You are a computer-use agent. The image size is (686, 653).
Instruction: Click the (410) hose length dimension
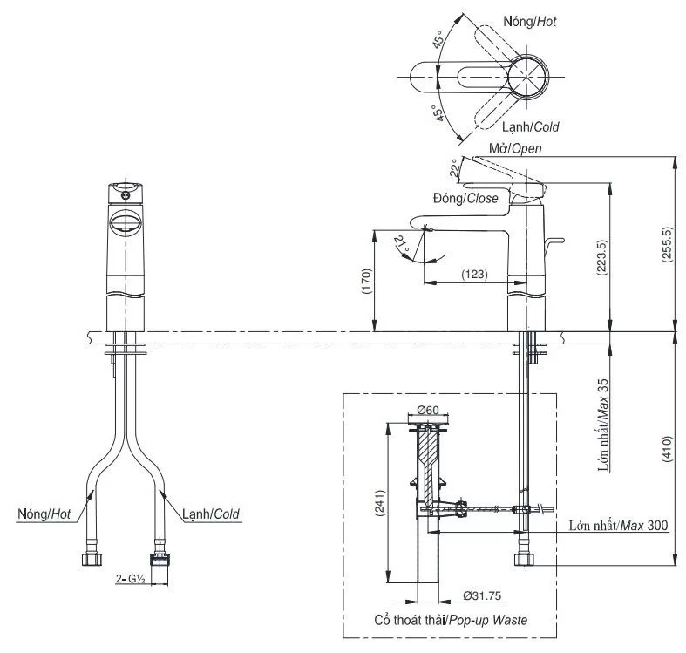coord(669,448)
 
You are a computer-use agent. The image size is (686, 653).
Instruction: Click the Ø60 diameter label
coord(426,410)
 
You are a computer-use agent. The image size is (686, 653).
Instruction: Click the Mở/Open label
coord(514,148)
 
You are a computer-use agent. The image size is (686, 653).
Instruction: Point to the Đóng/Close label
coord(469,199)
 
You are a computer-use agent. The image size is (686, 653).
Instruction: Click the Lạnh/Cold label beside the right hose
coord(210,514)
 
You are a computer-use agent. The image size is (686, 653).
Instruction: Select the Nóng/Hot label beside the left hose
coord(44,514)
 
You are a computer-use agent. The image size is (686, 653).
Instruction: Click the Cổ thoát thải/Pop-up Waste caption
coord(447,620)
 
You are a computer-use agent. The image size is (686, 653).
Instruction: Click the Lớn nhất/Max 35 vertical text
coord(602,425)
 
